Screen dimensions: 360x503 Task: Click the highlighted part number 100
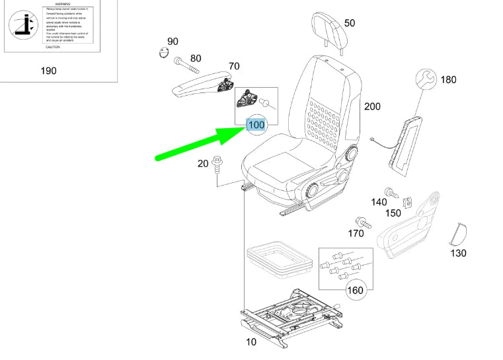(x=256, y=124)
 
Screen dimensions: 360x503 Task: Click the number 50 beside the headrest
(x=350, y=23)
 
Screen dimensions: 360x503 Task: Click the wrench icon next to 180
(x=426, y=80)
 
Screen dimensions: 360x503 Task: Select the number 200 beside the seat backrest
(x=372, y=106)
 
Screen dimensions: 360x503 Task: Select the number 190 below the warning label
(x=48, y=71)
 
